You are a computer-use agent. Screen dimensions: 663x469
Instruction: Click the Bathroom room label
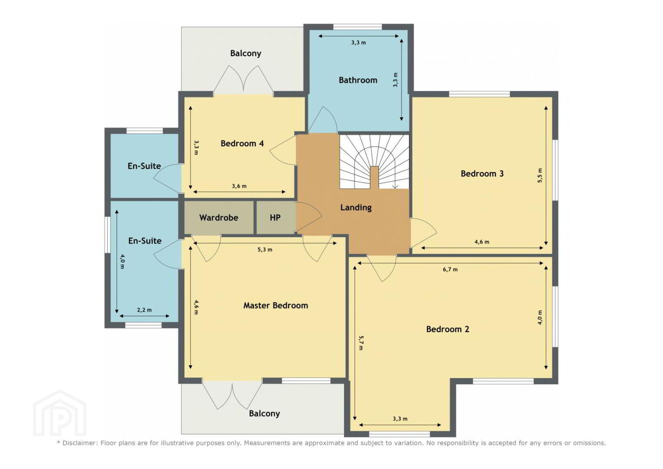tap(358, 80)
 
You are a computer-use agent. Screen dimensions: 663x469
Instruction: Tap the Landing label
tap(356, 208)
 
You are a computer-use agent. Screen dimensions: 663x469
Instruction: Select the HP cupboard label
tap(275, 218)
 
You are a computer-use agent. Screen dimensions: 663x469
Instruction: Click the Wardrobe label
tap(219, 218)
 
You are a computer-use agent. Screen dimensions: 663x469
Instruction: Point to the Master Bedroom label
tap(276, 305)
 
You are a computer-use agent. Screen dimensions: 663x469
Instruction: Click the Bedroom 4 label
tap(242, 144)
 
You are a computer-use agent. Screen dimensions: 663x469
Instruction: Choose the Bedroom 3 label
tap(482, 174)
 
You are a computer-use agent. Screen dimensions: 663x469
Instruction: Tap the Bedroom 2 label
tap(448, 329)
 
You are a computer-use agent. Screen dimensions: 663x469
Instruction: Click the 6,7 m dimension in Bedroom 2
tap(450, 269)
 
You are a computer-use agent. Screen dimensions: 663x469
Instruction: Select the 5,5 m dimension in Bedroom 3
tap(540, 175)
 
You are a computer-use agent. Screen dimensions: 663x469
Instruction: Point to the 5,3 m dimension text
tap(265, 250)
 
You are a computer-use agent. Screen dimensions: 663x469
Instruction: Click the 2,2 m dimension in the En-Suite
tap(145, 310)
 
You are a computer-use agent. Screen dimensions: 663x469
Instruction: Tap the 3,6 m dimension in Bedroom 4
tap(239, 186)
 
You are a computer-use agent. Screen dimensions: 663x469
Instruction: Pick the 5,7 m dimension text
tap(361, 343)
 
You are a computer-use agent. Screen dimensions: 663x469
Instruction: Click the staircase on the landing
tap(374, 162)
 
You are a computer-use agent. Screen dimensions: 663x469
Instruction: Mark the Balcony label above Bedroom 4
tap(246, 53)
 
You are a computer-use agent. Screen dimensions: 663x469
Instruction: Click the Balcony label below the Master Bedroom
tap(264, 413)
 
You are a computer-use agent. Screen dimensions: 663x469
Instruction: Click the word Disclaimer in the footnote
tap(79, 443)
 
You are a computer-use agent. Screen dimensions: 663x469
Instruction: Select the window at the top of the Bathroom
tap(357, 27)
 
